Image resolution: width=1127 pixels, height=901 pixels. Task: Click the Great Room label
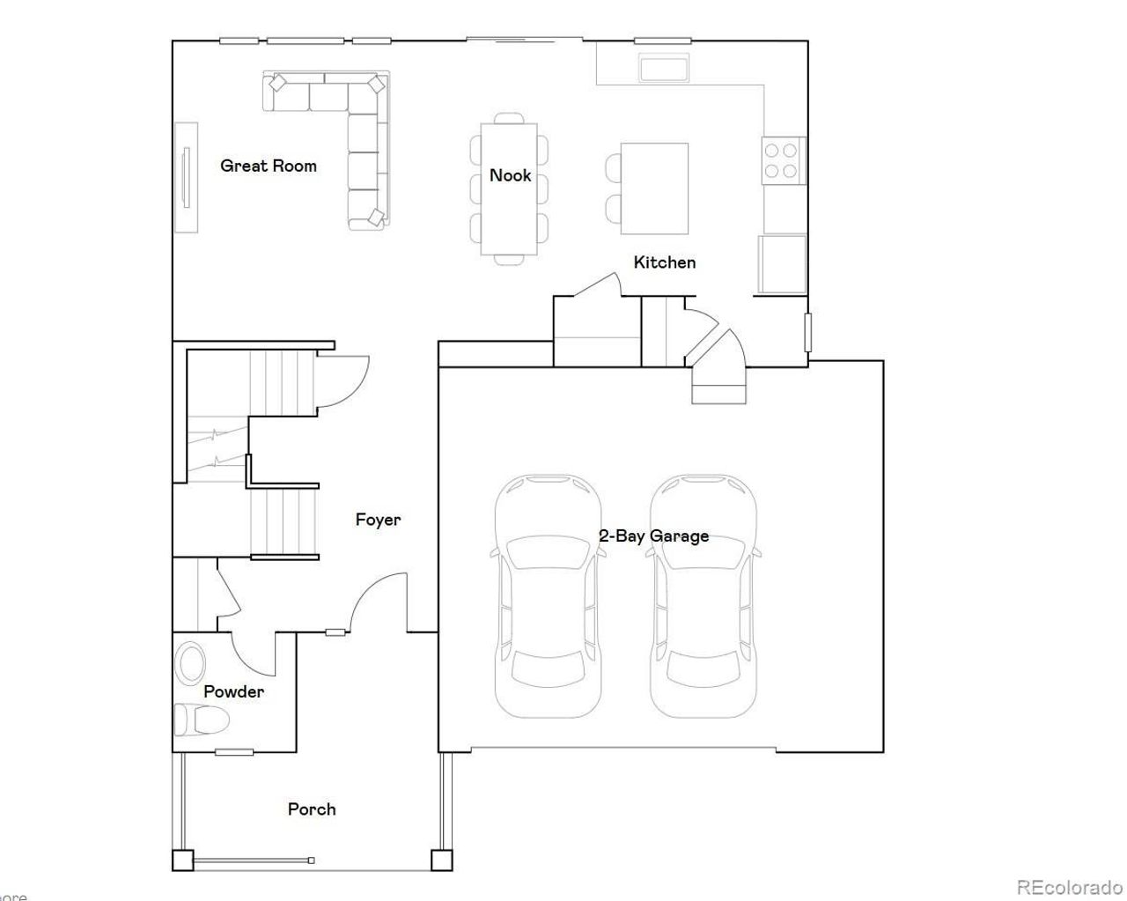pos(268,166)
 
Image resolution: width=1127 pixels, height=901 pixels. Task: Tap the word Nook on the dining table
pos(510,175)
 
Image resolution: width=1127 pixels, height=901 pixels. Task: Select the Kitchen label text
pos(664,262)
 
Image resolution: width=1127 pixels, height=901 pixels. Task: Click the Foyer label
pos(378,520)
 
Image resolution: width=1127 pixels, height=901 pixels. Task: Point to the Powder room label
pos(233,692)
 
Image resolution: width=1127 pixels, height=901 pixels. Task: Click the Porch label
pos(312,809)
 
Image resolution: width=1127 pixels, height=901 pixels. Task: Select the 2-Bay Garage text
pos(653,536)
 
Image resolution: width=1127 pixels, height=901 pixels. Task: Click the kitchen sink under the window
pos(665,68)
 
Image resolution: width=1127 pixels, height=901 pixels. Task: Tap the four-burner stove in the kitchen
pos(782,160)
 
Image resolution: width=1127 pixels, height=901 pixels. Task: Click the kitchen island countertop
pos(654,188)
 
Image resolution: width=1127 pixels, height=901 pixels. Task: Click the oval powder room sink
pos(189,664)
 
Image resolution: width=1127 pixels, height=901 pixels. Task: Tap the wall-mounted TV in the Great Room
pos(186,177)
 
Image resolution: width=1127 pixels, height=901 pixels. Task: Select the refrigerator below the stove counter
pos(782,263)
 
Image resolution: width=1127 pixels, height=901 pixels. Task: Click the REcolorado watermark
pos(1069,887)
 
